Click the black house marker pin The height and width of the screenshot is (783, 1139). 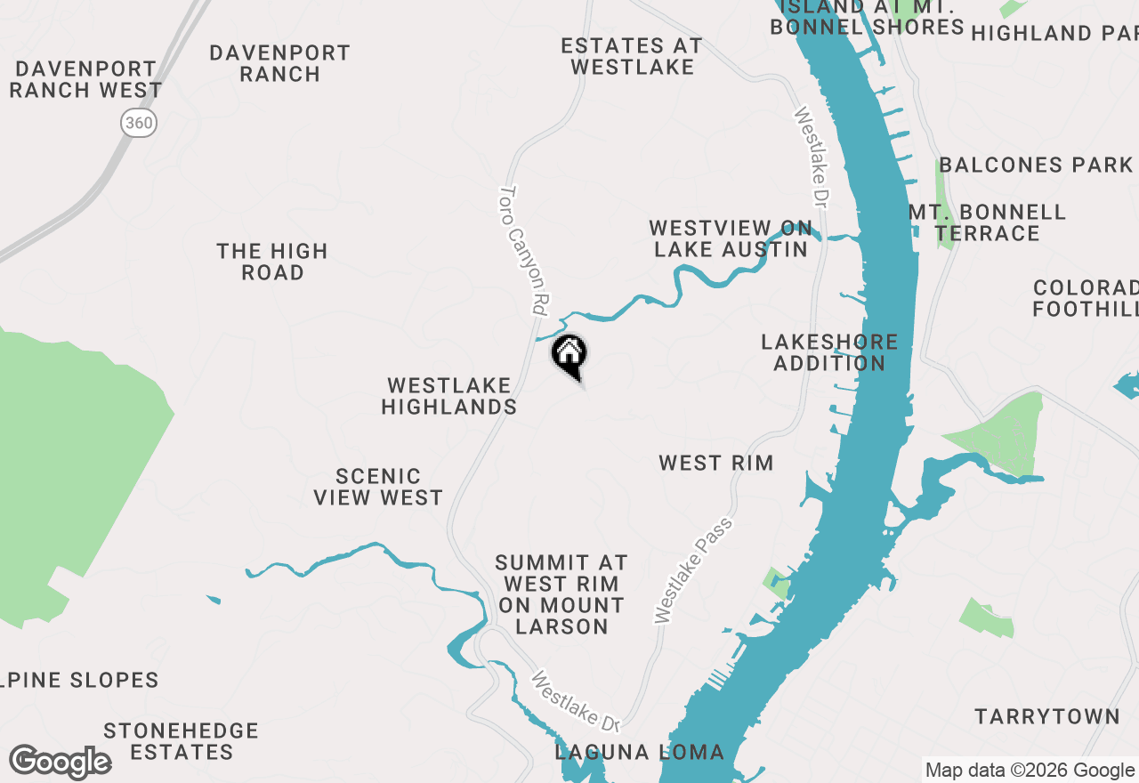tap(569, 355)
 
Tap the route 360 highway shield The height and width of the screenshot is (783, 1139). tap(139, 123)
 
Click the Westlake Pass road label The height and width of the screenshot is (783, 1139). tap(693, 570)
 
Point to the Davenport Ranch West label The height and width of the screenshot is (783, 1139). tap(86, 80)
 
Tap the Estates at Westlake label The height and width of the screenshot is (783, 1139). tap(633, 56)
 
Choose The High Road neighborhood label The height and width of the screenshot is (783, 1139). tap(272, 262)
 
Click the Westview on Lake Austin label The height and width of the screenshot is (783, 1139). tap(731, 239)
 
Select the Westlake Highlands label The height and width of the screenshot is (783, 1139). tap(449, 397)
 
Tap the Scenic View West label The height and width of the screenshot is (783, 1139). tap(378, 487)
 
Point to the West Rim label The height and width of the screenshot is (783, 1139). tap(716, 463)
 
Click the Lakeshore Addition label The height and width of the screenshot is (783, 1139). tap(829, 352)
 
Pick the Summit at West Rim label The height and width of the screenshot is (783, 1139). tap(561, 594)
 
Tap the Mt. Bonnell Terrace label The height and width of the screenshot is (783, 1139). tap(988, 222)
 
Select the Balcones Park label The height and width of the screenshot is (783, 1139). tap(1036, 165)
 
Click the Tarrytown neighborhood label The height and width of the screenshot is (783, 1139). tap(1047, 716)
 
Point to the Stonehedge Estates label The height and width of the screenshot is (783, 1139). tap(182, 741)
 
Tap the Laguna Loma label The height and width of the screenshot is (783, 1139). tap(640, 752)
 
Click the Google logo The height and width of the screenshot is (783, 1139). tap(60, 763)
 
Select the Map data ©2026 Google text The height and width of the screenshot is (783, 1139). tap(1030, 771)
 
